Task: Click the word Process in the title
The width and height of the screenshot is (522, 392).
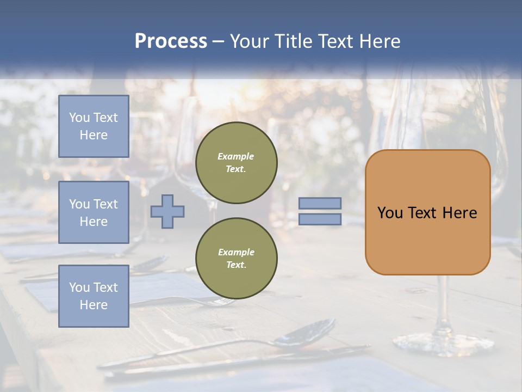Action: click(171, 41)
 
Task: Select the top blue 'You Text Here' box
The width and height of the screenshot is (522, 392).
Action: click(94, 126)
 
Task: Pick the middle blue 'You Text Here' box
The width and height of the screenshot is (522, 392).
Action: click(94, 212)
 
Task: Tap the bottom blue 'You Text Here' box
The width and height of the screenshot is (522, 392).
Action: click(94, 296)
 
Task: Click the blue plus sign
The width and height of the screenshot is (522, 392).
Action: click(167, 211)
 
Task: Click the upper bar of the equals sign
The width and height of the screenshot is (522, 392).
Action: click(320, 203)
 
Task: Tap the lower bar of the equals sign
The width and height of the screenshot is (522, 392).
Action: click(320, 219)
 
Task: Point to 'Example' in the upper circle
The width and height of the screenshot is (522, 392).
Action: click(236, 156)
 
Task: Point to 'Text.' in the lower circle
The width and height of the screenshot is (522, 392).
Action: click(236, 265)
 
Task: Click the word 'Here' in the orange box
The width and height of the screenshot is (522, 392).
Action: click(459, 213)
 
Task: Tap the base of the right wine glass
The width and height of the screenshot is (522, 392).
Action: click(443, 342)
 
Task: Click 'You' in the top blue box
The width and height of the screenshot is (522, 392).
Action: click(79, 118)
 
